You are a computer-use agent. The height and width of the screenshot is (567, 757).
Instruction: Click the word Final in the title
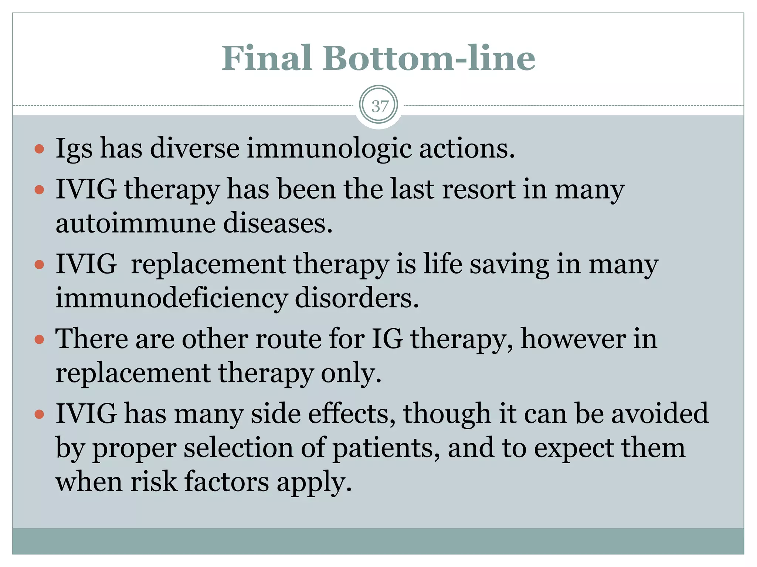pyautogui.click(x=267, y=58)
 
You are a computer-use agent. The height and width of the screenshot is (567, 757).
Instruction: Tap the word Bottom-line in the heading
pyautogui.click(x=429, y=58)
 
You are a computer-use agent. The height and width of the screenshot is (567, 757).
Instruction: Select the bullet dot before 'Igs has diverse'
pyautogui.click(x=39, y=149)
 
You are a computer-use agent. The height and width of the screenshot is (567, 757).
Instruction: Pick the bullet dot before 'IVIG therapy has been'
pyautogui.click(x=39, y=190)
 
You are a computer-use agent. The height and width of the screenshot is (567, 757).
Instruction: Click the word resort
pyautogui.click(x=478, y=189)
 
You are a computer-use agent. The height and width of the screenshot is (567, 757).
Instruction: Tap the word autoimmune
pyautogui.click(x=135, y=224)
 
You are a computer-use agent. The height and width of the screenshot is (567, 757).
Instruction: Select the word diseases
pyautogui.click(x=278, y=224)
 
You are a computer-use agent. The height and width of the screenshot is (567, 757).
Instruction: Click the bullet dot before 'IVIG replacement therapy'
pyautogui.click(x=39, y=265)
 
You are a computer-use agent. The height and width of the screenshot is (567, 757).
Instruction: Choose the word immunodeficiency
pyautogui.click(x=171, y=298)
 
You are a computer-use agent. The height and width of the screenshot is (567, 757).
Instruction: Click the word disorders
pyautogui.click(x=357, y=298)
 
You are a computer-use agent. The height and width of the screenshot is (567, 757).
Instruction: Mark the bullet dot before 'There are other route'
pyautogui.click(x=39, y=339)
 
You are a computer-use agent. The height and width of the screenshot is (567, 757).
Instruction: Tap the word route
pyautogui.click(x=288, y=339)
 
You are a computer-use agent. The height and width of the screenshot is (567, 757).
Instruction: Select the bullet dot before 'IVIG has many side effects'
pyautogui.click(x=39, y=414)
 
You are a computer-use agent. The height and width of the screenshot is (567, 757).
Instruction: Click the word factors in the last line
pyautogui.click(x=227, y=482)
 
